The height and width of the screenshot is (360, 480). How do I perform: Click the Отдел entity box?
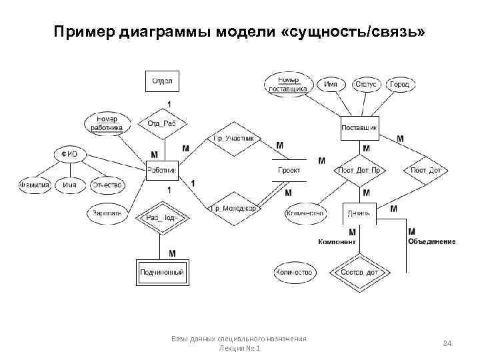pos(162,81)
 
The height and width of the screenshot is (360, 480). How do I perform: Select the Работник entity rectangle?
pos(162,171)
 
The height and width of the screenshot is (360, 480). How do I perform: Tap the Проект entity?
pos(289,171)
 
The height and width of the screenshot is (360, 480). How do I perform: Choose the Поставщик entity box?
pos(360,127)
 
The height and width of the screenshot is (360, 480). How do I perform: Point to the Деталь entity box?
pos(359,213)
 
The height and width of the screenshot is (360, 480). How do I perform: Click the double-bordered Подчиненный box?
pos(162,272)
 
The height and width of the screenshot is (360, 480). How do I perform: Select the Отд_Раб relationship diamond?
pos(162,123)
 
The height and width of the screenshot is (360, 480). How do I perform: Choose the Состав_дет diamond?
pos(359,272)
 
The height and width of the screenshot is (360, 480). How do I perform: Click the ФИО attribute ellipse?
pos(70,154)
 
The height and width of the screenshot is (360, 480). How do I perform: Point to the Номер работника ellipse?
pos(105,123)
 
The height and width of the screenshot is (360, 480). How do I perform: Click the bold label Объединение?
pos(431,241)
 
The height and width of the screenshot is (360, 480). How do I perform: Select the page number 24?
pos(447,343)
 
